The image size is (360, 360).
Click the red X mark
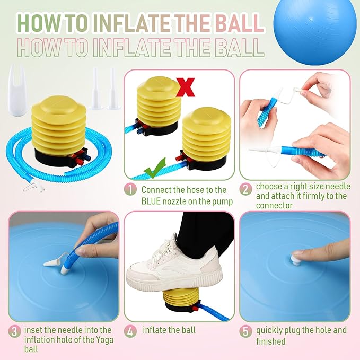coord(186,87)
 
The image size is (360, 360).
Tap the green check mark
coord(154,169)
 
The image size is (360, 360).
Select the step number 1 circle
coord(130,190)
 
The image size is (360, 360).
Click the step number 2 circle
coord(245,190)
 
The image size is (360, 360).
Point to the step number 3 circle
coord(15,332)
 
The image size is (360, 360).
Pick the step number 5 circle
coord(245,332)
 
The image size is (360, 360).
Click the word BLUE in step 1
coord(151,201)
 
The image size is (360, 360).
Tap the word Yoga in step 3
coord(103,340)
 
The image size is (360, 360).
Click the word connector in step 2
coord(274,206)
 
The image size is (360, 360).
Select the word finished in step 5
coord(271,341)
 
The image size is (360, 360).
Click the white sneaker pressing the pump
coord(174,266)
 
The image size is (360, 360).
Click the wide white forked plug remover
coord(17,90)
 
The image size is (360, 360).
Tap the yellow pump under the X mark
coord(159,106)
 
